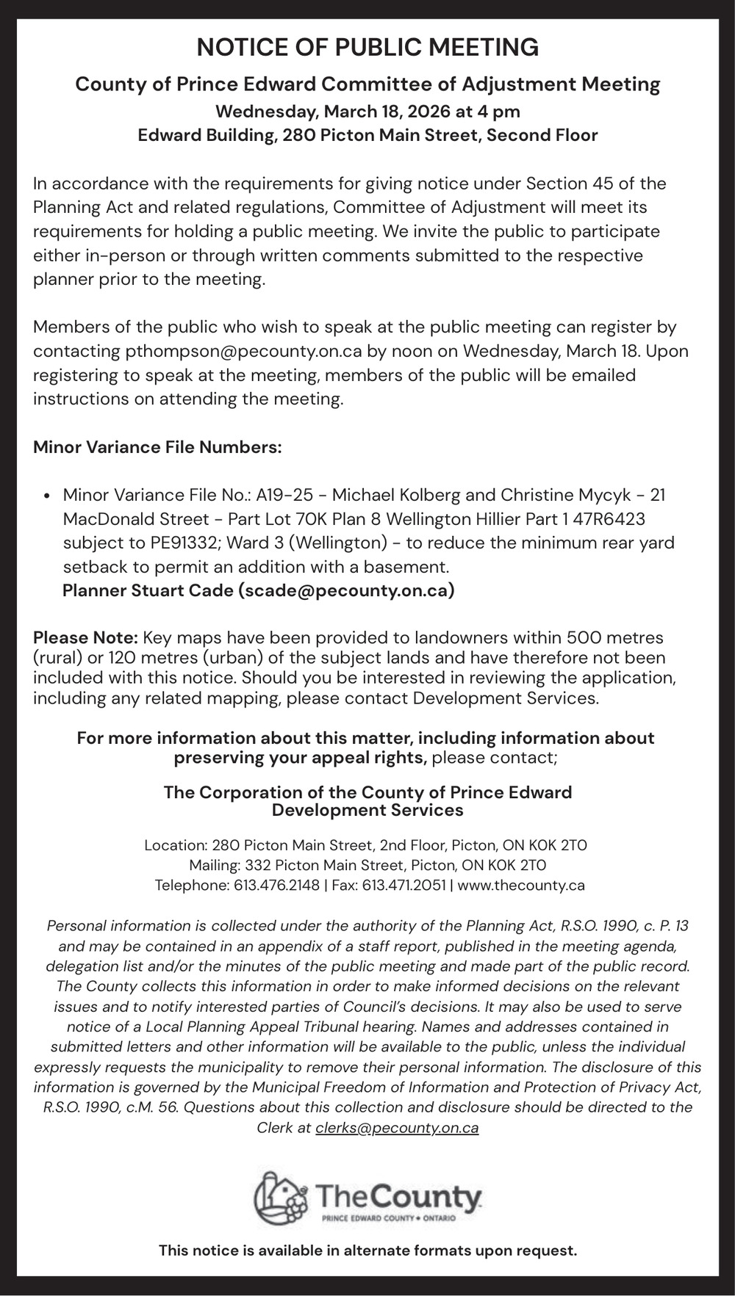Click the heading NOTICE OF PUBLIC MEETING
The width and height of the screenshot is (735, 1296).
(x=367, y=48)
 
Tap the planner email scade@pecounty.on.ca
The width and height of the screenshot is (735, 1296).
(x=345, y=590)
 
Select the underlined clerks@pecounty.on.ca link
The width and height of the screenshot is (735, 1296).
(x=397, y=1128)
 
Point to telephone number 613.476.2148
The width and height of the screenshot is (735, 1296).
(x=276, y=885)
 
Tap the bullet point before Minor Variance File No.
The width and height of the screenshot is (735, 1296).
(x=47, y=496)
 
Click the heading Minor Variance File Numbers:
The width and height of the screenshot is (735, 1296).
(x=157, y=447)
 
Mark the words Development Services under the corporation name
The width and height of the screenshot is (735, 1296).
(x=367, y=810)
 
